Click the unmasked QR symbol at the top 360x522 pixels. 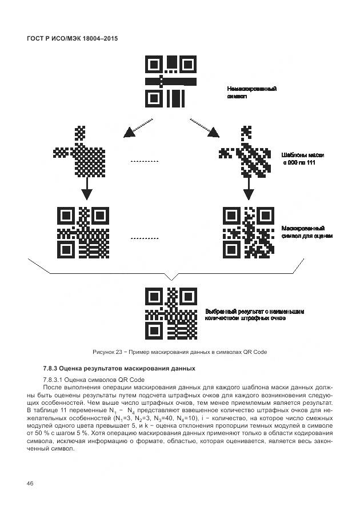point(171,81)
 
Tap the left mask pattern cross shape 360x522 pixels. point(81,152)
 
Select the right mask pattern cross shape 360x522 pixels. point(246,151)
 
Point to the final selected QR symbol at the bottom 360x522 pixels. point(171,314)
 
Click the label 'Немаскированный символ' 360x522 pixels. point(252,93)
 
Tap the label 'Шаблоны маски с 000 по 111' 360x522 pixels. point(303,158)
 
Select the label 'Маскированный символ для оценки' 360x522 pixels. point(307,232)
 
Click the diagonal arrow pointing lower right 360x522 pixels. point(204,127)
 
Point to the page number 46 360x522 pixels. point(30,484)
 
